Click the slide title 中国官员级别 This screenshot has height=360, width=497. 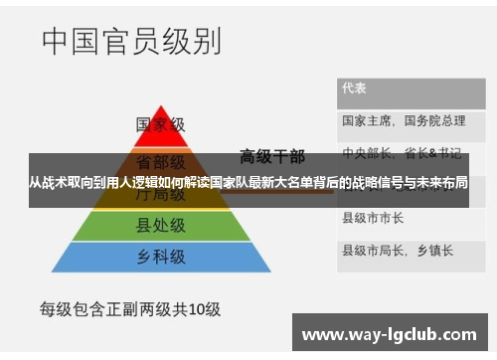(x=131, y=42)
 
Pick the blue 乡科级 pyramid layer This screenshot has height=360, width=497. (x=160, y=257)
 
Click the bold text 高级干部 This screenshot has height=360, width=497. (x=272, y=157)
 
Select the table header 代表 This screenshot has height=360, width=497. (x=355, y=88)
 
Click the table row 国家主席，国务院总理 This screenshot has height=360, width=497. (x=403, y=121)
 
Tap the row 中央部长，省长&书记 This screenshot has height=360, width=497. (x=402, y=152)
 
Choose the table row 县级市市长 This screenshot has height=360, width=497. (x=373, y=216)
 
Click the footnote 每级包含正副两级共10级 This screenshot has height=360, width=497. (x=129, y=309)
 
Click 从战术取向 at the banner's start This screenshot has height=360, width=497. (x=59, y=184)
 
